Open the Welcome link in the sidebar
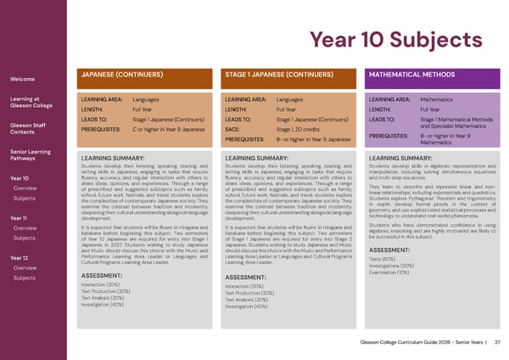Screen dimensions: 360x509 click(x=22, y=79)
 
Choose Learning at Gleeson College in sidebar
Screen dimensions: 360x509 click(x=33, y=104)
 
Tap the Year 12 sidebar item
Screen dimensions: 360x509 click(x=20, y=257)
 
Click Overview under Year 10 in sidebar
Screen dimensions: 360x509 click(x=25, y=188)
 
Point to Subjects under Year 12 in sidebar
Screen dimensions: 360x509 click(x=24, y=278)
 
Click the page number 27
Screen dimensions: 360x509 click(x=497, y=341)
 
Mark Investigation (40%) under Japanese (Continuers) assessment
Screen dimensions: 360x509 click(x=103, y=304)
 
